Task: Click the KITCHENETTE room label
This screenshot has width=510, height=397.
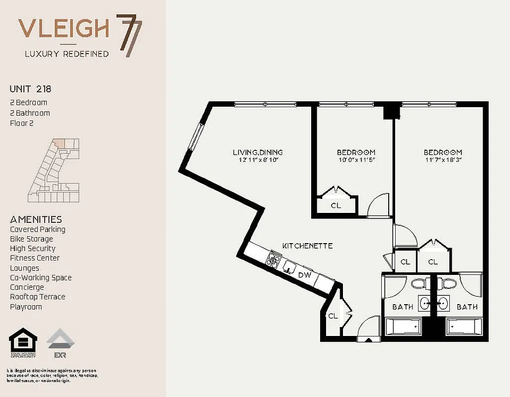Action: click(307, 246)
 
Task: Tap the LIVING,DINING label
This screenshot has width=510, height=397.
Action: click(257, 152)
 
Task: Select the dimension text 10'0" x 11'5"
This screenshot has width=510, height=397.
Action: click(356, 160)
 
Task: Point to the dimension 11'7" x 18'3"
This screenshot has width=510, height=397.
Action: click(443, 160)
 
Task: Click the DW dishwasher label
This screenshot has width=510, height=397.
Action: click(304, 274)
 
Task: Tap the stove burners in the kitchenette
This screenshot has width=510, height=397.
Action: click(273, 259)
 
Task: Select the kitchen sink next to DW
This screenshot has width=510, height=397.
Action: click(288, 267)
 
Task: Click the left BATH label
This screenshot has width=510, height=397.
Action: click(402, 307)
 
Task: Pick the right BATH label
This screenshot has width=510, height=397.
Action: click(467, 307)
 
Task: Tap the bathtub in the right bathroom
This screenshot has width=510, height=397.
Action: click(464, 327)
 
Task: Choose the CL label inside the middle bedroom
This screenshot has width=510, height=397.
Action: click(336, 205)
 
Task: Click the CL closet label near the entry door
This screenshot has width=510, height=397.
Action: click(332, 316)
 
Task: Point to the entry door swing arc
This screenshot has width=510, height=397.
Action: click(368, 328)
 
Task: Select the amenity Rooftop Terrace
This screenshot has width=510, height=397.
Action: click(37, 297)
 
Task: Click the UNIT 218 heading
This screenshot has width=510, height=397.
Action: click(30, 89)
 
